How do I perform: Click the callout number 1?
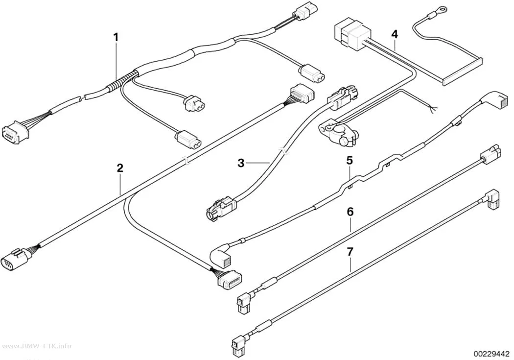click(x=116, y=37)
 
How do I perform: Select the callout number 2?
click(x=120, y=168)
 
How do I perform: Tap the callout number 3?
click(x=241, y=163)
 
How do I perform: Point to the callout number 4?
click(x=395, y=34)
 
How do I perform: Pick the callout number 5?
click(x=350, y=161)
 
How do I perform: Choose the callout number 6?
click(x=350, y=212)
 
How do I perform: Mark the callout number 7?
click(x=350, y=252)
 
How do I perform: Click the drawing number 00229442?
click(x=491, y=354)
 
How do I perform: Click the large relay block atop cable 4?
click(x=352, y=35)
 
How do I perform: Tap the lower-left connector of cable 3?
click(x=220, y=209)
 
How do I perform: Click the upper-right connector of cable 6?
click(x=491, y=153)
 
